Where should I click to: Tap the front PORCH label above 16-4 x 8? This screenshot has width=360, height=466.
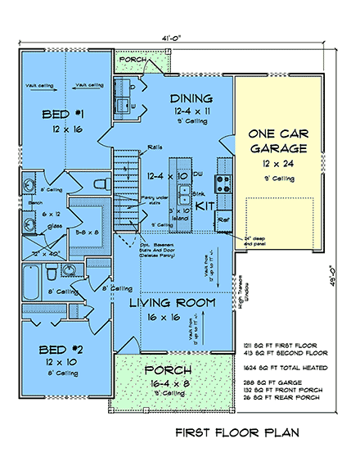(173, 369)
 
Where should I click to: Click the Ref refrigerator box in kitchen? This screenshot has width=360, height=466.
(223, 219)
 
